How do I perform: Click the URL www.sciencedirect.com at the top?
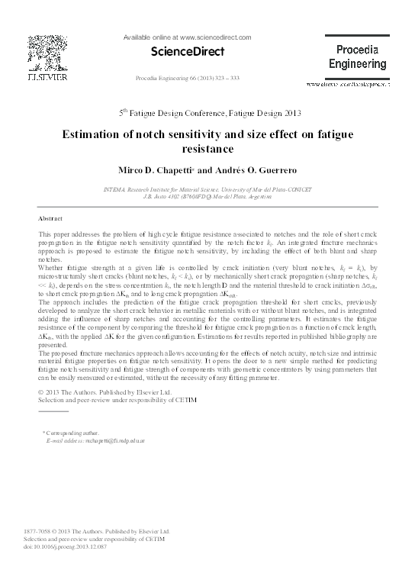click(198, 36)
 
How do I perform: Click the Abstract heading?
click(50, 217)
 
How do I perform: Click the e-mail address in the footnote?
click(97, 441)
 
